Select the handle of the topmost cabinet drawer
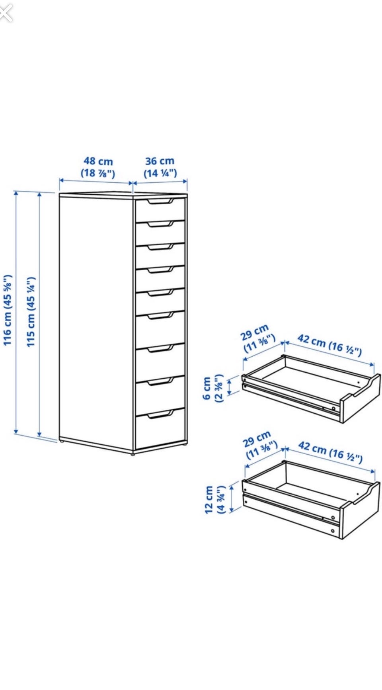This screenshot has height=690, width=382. (161, 202)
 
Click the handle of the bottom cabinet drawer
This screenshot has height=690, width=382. (161, 415)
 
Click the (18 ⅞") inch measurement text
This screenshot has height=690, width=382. (98, 173)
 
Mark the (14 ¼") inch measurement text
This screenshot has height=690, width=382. (160, 173)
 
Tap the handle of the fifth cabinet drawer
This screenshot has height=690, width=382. (161, 293)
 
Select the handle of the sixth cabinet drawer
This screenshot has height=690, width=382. (161, 316)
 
